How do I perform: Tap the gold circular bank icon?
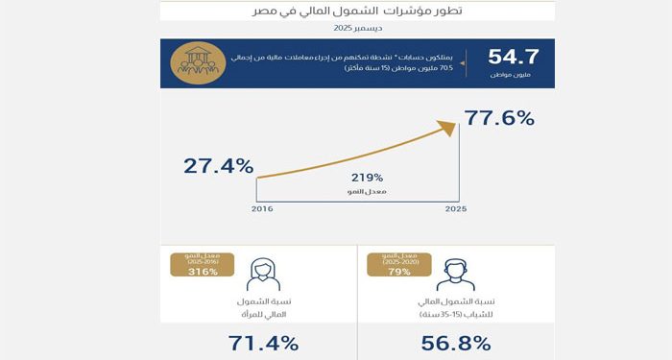197,63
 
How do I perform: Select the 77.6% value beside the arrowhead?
499,119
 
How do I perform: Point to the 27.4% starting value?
218,166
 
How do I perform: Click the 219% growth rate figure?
367,178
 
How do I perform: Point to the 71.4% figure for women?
263,343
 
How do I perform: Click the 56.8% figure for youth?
456,343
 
